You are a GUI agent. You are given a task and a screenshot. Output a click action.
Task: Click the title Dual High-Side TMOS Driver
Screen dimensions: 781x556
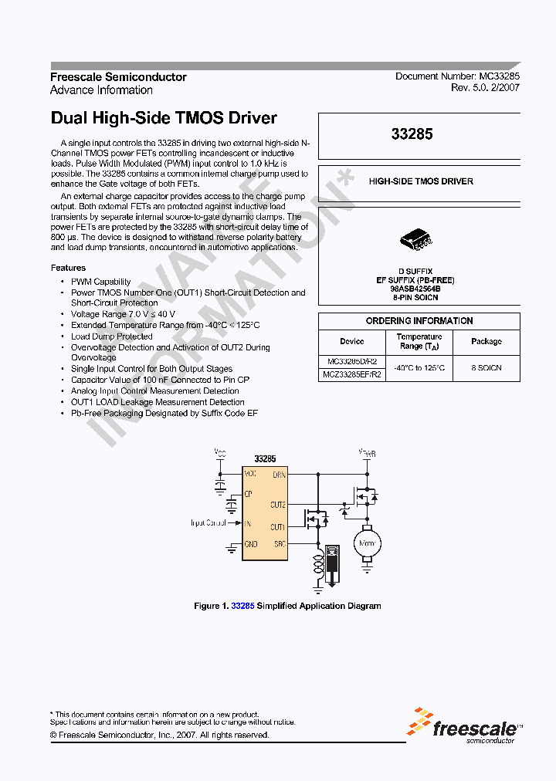(163, 119)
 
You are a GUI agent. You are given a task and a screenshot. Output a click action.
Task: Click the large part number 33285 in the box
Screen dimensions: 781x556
(412, 134)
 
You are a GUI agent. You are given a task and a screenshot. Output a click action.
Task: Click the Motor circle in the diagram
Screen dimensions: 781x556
(367, 544)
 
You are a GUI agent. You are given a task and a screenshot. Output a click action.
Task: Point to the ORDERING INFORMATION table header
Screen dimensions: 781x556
(419, 321)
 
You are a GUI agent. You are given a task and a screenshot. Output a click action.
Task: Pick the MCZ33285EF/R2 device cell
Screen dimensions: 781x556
(351, 374)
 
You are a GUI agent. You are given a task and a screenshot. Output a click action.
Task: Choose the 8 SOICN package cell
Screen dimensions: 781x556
(486, 368)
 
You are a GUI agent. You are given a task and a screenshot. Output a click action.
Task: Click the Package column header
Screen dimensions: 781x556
(486, 341)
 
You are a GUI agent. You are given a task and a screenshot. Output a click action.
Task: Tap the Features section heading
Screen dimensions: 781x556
(68, 268)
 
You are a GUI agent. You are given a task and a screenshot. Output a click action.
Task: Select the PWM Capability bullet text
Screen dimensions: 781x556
(101, 282)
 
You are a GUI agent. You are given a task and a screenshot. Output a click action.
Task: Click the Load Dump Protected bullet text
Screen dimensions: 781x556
(112, 336)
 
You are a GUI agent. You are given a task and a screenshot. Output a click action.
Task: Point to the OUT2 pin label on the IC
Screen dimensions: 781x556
(278, 505)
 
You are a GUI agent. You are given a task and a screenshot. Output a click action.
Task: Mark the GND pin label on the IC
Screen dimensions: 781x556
(251, 544)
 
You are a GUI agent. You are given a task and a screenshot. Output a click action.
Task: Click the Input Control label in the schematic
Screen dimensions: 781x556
(208, 523)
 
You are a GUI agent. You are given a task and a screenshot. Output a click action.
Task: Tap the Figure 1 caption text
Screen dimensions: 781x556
(287, 606)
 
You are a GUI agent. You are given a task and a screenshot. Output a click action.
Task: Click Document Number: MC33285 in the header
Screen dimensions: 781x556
(457, 77)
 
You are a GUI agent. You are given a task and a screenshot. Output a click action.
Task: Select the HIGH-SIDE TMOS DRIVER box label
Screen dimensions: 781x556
(421, 181)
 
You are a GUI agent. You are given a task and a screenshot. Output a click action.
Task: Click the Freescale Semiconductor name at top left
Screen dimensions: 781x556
(118, 77)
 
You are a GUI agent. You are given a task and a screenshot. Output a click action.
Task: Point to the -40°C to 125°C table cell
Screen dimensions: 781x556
(419, 368)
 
